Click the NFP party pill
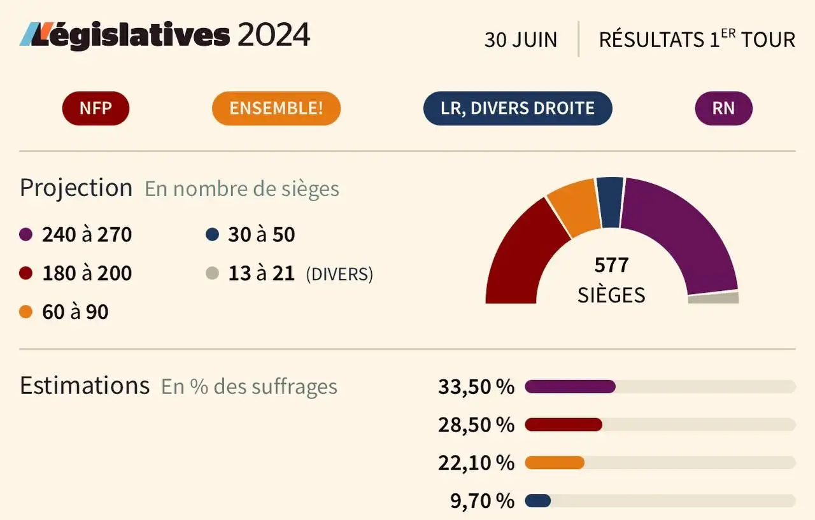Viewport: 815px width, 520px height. point(96,108)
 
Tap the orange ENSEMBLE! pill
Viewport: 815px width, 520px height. point(276,108)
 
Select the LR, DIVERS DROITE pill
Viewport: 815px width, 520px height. point(517,108)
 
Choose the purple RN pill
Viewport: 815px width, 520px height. point(723,108)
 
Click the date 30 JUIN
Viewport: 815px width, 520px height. point(520,39)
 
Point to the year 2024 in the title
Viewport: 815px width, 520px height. point(273,35)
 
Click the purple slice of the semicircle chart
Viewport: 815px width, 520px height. point(681,229)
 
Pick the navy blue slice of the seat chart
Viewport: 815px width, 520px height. point(610,201)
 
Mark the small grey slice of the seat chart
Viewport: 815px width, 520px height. point(713,298)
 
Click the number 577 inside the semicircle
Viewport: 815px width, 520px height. point(611,264)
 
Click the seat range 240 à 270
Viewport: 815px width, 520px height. point(87,235)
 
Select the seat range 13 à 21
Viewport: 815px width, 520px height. point(261,274)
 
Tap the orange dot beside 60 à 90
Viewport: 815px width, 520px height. point(25,312)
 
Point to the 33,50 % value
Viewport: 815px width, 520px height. point(476,386)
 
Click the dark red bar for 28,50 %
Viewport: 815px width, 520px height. point(563,425)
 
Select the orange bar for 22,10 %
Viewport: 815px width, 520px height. point(555,463)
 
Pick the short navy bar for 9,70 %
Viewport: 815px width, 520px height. point(538,501)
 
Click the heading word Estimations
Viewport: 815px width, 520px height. point(84,386)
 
